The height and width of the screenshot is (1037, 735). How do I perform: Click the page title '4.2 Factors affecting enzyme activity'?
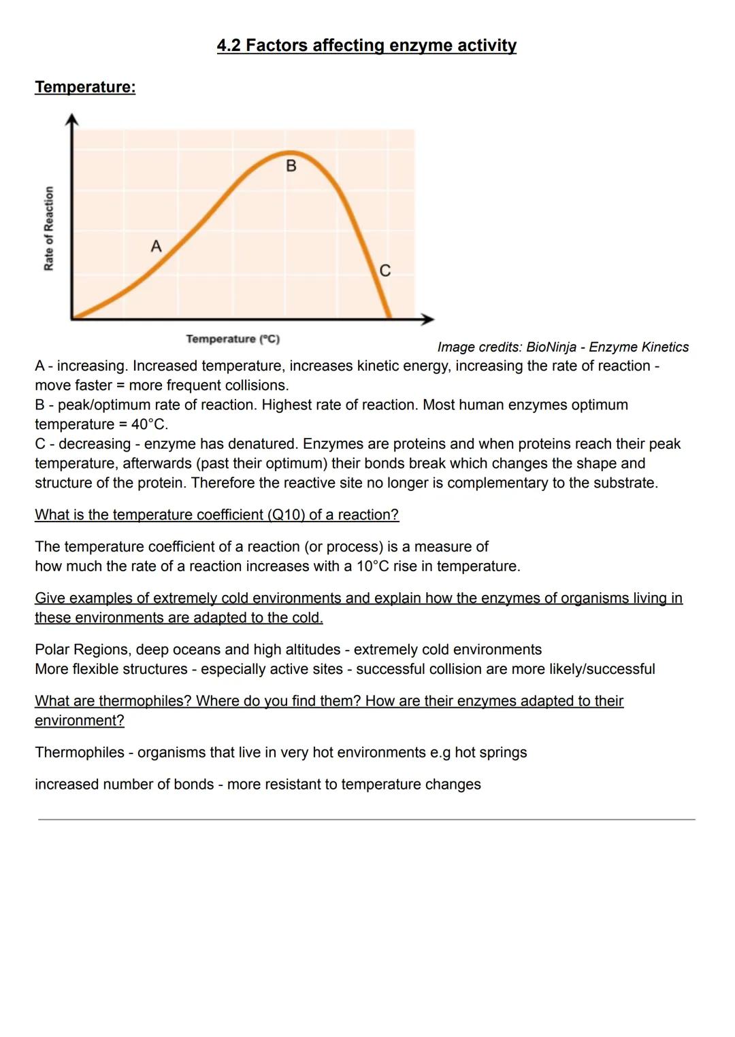pyautogui.click(x=366, y=46)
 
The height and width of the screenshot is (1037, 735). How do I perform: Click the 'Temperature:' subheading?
pyautogui.click(x=85, y=87)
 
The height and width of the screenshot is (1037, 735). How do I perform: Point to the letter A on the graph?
pyautogui.click(x=156, y=246)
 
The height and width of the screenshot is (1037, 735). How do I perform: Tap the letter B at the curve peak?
pyautogui.click(x=291, y=166)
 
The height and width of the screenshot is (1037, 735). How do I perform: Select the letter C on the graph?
pyautogui.click(x=385, y=271)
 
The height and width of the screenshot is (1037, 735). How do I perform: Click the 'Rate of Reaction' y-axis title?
pyautogui.click(x=49, y=228)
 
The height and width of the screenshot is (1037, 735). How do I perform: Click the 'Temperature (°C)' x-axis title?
pyautogui.click(x=233, y=339)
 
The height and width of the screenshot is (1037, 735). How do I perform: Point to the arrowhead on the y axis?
pyautogui.click(x=71, y=120)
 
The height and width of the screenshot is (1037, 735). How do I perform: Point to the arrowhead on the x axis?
pyautogui.click(x=427, y=318)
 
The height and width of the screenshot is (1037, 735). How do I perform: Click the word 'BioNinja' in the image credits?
pyautogui.click(x=551, y=347)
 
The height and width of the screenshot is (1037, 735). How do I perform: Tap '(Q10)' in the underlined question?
pyautogui.click(x=287, y=515)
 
